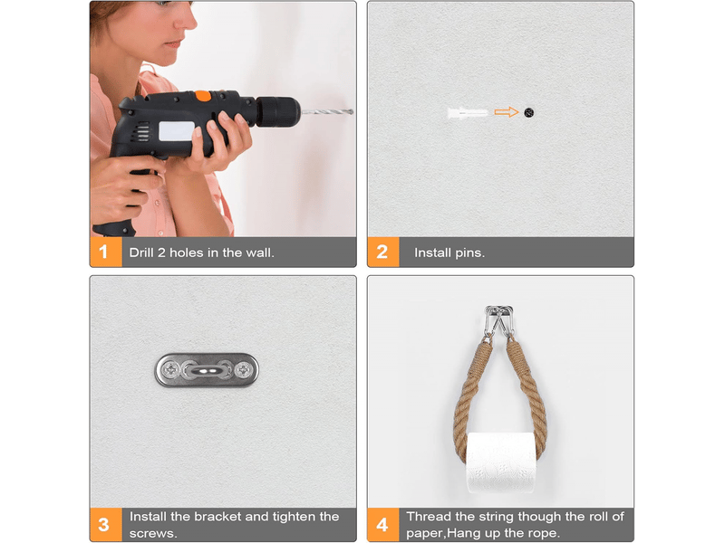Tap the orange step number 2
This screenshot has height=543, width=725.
[382, 252]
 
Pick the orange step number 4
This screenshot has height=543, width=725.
[382, 525]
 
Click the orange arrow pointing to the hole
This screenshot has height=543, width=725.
[507, 112]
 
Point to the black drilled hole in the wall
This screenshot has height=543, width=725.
[529, 112]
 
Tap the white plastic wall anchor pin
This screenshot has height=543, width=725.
[468, 112]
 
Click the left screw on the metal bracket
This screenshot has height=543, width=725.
[171, 370]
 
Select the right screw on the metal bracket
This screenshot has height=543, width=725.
[243, 370]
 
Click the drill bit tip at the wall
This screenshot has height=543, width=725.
[352, 111]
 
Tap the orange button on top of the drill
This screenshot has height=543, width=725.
[202, 96]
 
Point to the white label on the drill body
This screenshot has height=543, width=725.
[177, 131]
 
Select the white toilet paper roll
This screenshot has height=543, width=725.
[501, 462]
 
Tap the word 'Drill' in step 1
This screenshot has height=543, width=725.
[141, 252]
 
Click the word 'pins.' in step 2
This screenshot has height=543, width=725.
[470, 253]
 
